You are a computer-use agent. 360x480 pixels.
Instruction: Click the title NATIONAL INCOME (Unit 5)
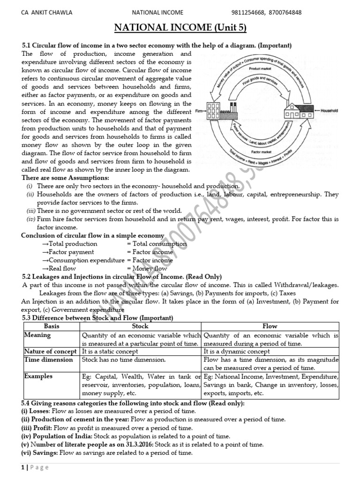(x=180, y=29)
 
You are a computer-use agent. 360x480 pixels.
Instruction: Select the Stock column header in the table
(x=140, y=326)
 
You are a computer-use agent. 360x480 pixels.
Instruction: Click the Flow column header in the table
(x=270, y=326)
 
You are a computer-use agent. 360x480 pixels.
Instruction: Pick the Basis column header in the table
(x=52, y=326)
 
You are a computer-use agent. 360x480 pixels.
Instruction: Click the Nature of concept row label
(x=51, y=352)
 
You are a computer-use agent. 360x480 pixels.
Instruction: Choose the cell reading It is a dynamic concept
(x=237, y=352)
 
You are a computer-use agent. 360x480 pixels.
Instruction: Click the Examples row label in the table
(x=39, y=376)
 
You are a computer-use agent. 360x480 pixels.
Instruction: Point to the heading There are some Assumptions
(x=65, y=178)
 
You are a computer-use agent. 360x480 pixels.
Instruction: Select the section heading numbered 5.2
(x=122, y=277)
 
